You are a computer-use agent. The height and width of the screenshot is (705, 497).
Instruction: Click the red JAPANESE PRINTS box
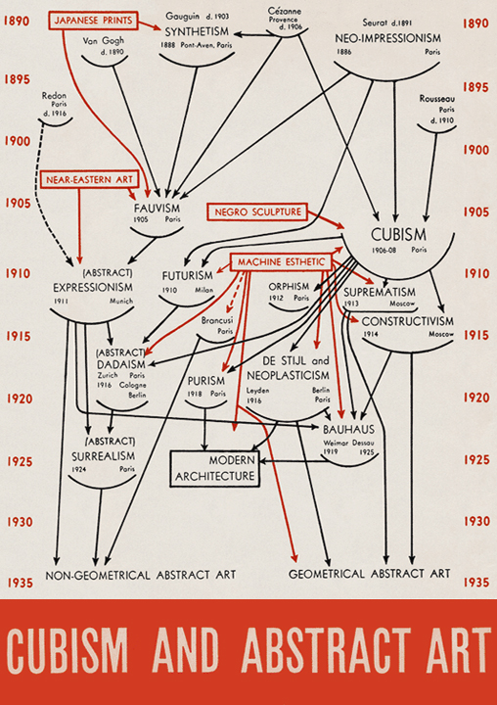[93, 21]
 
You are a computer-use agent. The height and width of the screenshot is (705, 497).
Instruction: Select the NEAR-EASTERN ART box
[89, 180]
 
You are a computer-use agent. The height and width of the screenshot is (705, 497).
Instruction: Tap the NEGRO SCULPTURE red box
[257, 211]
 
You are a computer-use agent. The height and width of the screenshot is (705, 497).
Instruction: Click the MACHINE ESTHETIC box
[281, 262]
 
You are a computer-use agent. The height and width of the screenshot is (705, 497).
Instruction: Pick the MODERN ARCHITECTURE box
[215, 468]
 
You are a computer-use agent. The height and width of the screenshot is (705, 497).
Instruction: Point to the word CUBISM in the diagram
[398, 235]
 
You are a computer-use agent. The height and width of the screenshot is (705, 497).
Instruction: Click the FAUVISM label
[157, 209]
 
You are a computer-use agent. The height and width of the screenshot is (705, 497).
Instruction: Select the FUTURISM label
[188, 275]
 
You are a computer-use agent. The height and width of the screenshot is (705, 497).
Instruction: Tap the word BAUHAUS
[348, 430]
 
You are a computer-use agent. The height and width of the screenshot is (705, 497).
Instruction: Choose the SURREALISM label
[104, 456]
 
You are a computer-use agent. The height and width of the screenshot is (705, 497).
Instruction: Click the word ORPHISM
[289, 286]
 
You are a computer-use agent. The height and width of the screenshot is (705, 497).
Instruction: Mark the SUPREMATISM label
[380, 292]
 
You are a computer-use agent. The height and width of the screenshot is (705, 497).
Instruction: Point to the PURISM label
[206, 381]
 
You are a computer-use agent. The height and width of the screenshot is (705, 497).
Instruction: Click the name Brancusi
[217, 320]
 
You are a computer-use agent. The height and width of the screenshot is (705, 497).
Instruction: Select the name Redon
[54, 95]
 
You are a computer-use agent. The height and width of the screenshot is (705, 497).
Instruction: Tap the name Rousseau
[436, 99]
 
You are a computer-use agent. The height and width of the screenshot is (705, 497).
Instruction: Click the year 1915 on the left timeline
[18, 336]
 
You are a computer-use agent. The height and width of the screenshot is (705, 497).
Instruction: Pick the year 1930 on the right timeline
[476, 521]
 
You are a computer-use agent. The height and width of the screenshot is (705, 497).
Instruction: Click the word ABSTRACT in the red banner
[327, 649]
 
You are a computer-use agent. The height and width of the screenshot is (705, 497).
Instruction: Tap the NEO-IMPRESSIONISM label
[387, 38]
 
